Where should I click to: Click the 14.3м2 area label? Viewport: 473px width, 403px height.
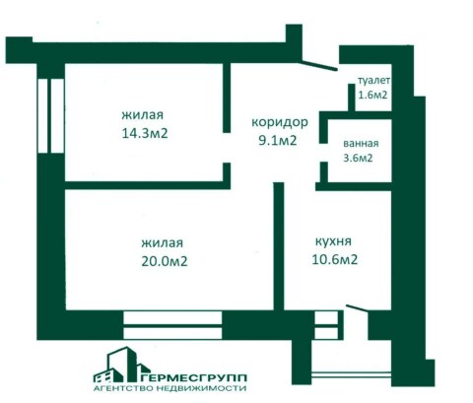145,133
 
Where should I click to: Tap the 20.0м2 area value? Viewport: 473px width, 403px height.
165,261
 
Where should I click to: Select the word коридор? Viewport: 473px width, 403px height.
280,122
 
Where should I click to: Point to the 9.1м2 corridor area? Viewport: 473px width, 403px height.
278,141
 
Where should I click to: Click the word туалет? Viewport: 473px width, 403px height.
373,80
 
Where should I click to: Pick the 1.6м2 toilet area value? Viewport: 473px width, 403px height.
372,95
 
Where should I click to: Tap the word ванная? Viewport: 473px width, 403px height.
361,144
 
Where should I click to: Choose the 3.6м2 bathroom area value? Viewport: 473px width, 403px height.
358,158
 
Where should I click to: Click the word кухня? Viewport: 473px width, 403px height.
333,241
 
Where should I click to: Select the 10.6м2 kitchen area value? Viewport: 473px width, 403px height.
334,259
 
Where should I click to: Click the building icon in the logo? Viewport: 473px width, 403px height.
121,365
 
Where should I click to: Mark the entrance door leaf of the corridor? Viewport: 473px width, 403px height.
318,65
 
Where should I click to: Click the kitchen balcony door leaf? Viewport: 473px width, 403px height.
358,307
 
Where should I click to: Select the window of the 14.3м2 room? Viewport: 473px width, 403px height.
50,116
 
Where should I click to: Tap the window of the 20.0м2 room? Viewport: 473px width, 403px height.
172,325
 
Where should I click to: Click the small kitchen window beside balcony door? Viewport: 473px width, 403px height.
327,325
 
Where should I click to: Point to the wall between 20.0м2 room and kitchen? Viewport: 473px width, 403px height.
279,246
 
